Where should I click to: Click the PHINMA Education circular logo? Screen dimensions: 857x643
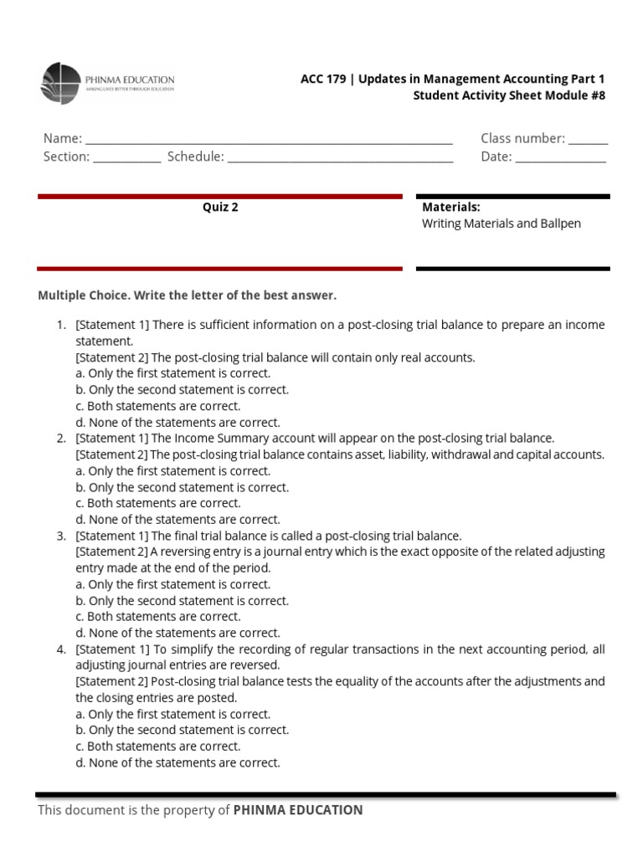point(61,84)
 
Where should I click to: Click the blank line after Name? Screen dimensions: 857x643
point(269,139)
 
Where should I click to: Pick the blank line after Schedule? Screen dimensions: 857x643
point(340,157)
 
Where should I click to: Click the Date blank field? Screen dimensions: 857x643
point(560,157)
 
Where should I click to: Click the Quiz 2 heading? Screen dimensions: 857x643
point(220,208)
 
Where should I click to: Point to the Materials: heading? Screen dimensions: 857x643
point(450,207)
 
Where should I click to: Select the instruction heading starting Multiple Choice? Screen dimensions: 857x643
point(187,295)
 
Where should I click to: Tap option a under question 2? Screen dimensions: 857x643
point(172,471)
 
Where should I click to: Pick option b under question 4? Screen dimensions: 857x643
point(182,730)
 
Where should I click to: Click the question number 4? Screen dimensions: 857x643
point(60,649)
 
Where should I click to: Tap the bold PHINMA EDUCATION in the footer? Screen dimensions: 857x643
point(298,810)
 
